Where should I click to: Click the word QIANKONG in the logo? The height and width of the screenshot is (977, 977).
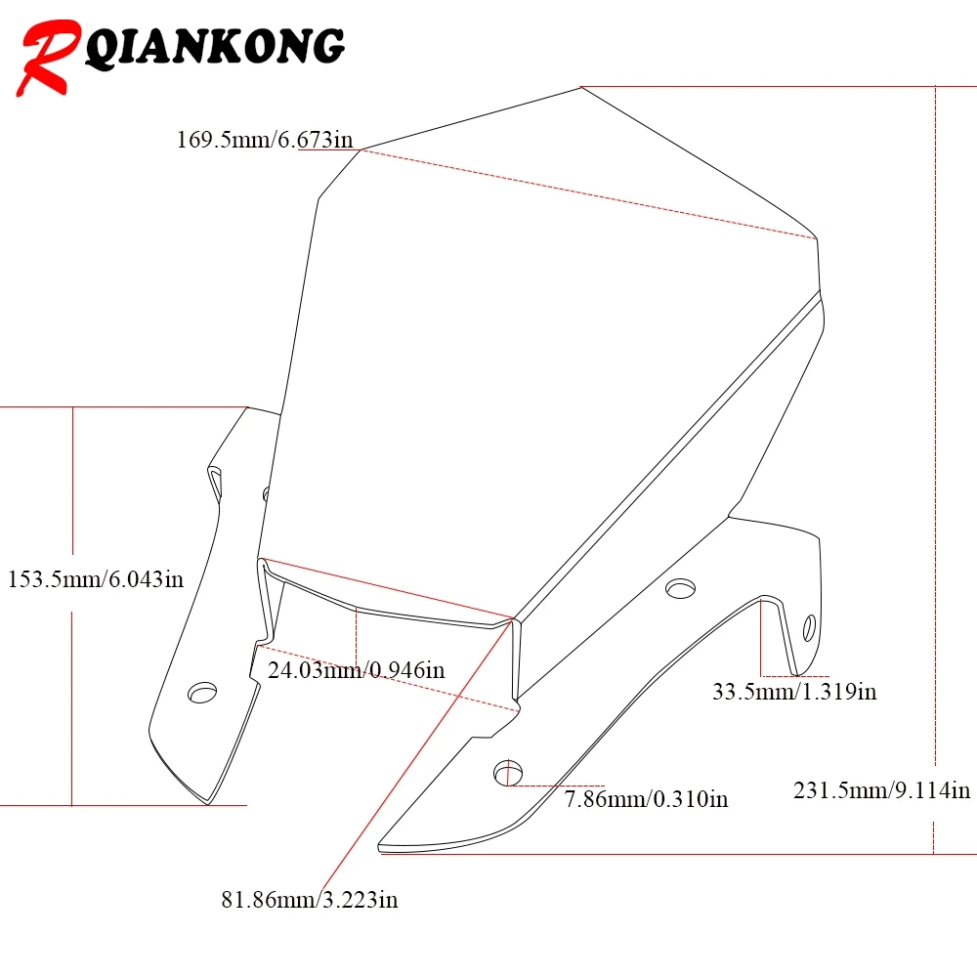point(214,47)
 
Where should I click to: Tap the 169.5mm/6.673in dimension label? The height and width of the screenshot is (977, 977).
point(265,139)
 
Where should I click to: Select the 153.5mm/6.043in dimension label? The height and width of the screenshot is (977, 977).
point(96,579)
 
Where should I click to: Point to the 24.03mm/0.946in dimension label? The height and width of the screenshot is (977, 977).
point(356,670)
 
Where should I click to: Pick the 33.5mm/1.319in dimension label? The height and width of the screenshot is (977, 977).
point(794,691)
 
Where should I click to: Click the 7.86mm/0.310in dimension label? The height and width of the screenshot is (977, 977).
point(646,799)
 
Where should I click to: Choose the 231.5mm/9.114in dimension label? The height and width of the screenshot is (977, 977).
point(881,790)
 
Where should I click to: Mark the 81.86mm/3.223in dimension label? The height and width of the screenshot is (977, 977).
point(310,900)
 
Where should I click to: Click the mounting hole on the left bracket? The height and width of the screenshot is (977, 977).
point(202,693)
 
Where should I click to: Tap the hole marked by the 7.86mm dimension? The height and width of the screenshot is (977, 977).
point(508,773)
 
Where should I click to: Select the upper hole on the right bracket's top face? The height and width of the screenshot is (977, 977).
point(680,588)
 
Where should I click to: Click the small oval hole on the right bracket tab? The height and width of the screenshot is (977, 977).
point(809,627)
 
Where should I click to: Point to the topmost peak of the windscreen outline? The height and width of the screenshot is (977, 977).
point(581,87)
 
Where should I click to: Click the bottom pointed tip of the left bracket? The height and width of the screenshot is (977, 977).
point(208,804)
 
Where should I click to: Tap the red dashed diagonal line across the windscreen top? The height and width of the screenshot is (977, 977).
point(589,194)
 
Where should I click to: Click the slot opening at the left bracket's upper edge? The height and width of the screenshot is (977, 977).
point(215,484)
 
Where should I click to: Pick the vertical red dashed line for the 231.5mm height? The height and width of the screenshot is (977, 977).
point(935,471)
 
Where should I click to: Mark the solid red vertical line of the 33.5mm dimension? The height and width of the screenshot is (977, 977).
point(761,638)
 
